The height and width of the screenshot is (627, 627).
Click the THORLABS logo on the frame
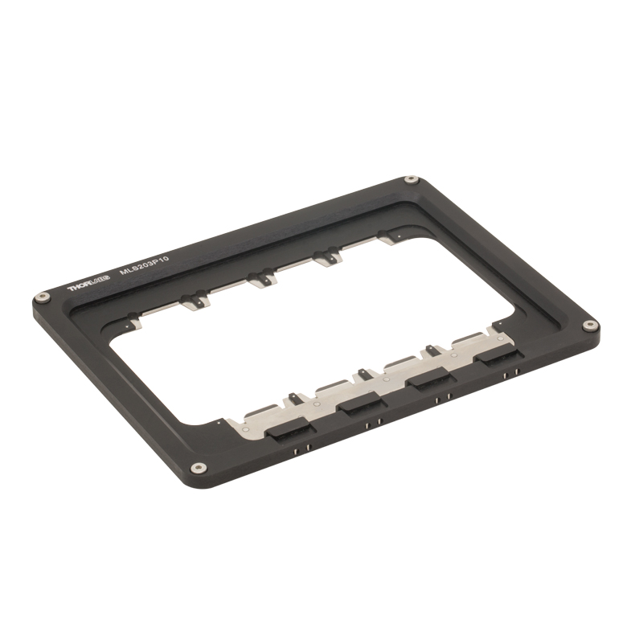(x=88, y=285)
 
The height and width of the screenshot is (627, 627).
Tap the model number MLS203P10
(x=145, y=265)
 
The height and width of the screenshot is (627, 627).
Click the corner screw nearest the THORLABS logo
(x=43, y=297)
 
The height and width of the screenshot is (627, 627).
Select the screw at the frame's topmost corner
(x=411, y=180)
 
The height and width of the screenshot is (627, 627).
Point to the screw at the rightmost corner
(x=589, y=325)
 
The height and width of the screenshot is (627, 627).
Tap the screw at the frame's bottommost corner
(x=199, y=467)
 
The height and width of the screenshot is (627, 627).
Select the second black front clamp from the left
(x=362, y=404)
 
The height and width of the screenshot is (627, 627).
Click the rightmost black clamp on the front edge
(x=498, y=355)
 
